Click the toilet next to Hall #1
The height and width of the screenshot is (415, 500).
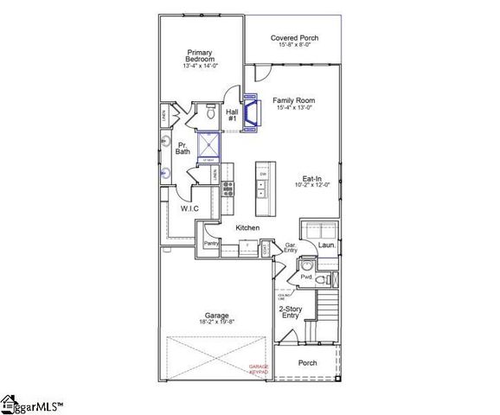click(x=210, y=112)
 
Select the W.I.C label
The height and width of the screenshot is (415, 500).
click(x=190, y=208)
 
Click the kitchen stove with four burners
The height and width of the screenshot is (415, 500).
click(x=228, y=189)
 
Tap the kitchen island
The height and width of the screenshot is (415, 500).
click(x=263, y=188)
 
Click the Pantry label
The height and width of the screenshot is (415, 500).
click(x=210, y=244)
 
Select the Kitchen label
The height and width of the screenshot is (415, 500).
click(x=247, y=227)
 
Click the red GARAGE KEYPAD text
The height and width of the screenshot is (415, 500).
click(x=260, y=368)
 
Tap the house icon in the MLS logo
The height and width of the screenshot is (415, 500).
click(x=10, y=403)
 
